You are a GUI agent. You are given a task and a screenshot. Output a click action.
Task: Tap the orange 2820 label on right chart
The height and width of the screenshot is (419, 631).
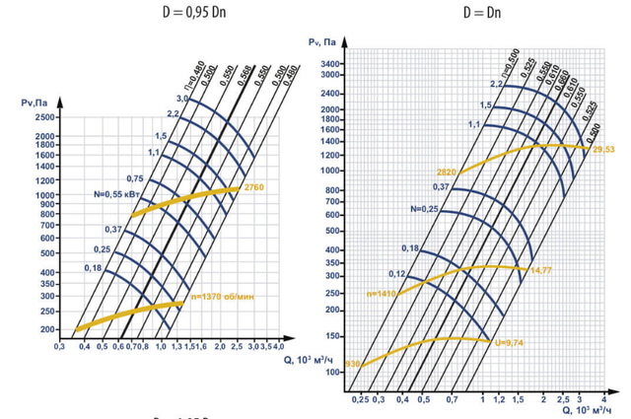[x=446, y=171]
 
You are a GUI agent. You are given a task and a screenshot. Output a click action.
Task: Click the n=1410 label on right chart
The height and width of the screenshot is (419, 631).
[x=382, y=294]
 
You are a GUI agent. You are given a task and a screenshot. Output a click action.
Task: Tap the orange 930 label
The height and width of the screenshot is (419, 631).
[x=353, y=365]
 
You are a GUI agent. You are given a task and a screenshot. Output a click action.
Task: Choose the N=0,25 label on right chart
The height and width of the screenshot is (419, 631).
[x=425, y=209]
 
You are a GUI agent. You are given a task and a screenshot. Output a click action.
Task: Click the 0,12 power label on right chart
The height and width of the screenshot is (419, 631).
[x=397, y=273]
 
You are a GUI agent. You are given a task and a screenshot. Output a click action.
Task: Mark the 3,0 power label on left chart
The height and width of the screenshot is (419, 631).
[x=182, y=100]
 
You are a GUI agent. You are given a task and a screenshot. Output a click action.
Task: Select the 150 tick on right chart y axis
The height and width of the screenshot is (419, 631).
[x=332, y=335]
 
